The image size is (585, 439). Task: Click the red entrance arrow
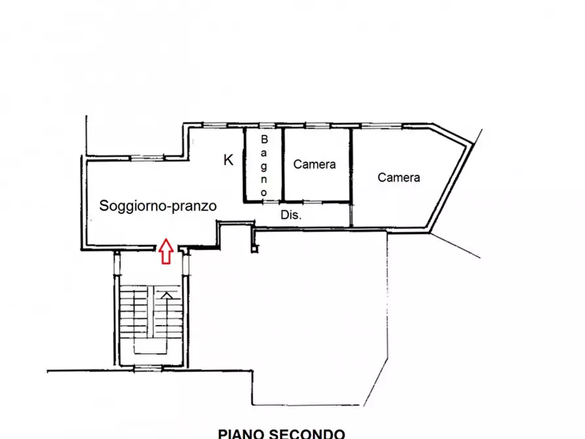pyautogui.click(x=166, y=250)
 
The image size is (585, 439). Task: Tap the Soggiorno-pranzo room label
pyautogui.click(x=158, y=206)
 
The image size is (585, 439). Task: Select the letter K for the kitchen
pyautogui.click(x=229, y=159)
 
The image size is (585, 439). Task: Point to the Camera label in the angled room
pyautogui.click(x=399, y=178)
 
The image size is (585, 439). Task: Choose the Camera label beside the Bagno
pyautogui.click(x=314, y=164)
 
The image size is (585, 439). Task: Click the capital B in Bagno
pyautogui.click(x=265, y=140)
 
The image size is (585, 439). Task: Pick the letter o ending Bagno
pyautogui.click(x=265, y=193)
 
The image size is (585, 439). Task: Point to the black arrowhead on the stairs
pyautogui.click(x=167, y=296)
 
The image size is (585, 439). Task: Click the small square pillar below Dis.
pyautogui.click(x=255, y=248)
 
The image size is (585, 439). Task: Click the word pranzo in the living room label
pyautogui.click(x=193, y=206)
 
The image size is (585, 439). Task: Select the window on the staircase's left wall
pyautogui.click(x=117, y=263)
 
